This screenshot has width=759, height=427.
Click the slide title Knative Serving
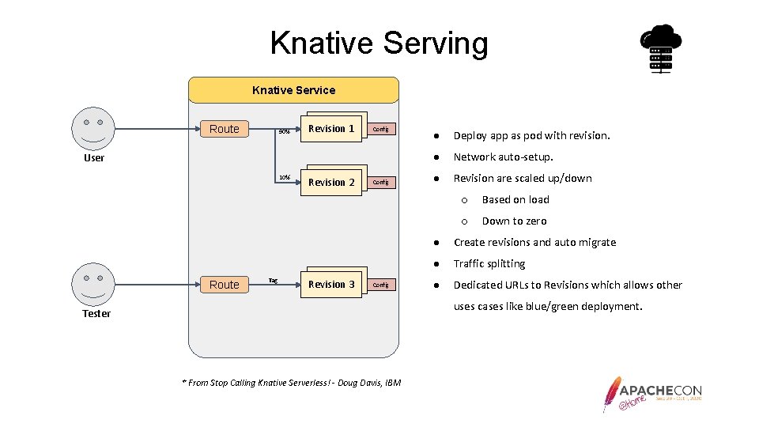379,43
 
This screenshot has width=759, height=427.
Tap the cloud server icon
660,49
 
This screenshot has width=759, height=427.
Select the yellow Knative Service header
293,90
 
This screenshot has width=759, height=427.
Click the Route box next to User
225,129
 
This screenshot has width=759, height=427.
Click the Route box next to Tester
225,285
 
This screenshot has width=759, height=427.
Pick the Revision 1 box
331,129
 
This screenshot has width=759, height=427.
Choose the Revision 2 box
331,183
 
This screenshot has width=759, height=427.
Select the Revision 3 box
331,285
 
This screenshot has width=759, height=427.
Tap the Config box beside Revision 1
380,129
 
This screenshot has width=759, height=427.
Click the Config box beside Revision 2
380,183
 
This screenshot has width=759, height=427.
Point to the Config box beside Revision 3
380,285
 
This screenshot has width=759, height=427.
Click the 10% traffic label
284,176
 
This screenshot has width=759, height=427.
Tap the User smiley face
93,128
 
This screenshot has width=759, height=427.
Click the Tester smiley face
93,284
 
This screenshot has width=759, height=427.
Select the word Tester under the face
96,314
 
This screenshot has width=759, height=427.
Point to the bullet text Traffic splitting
489,264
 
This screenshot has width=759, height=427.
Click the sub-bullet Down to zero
514,221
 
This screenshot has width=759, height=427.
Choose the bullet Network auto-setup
503,157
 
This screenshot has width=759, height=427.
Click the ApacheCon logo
652,393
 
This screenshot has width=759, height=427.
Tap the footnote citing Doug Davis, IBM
292,383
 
